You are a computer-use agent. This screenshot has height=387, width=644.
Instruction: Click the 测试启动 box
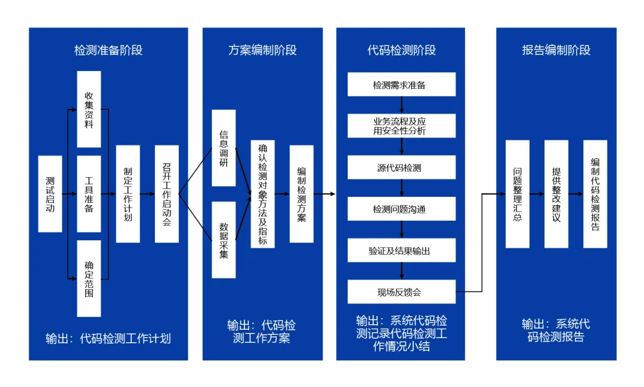coord(50,194)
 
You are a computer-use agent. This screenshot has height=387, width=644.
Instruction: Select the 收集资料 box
coord(89,109)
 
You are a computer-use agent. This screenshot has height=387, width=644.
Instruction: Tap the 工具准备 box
coord(89,194)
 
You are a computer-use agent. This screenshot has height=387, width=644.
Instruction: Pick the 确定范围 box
coord(89,278)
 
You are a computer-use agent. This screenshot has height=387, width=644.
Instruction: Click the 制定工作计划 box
coord(128,194)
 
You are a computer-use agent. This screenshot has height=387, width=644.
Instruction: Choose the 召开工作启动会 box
coord(166,194)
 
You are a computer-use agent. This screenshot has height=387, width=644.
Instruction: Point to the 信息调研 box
coord(224,147)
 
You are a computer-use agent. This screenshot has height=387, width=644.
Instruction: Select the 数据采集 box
coord(224,240)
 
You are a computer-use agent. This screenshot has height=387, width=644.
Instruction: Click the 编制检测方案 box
coord(302,194)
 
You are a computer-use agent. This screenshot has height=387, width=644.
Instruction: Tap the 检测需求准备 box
coord(401,85)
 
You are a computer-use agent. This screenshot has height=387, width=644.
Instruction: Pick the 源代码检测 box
coord(401,168)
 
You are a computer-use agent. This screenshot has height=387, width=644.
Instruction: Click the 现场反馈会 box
coord(401,292)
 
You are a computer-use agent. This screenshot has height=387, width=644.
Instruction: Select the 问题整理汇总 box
coord(518,194)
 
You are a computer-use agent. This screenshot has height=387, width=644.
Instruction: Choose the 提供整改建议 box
coord(556,194)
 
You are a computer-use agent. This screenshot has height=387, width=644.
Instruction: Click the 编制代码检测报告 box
coord(595,194)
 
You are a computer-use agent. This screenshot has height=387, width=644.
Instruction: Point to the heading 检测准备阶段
coord(109,50)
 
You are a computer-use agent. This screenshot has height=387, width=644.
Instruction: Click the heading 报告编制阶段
coord(556,50)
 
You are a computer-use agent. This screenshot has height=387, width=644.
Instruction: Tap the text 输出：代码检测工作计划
coord(109,339)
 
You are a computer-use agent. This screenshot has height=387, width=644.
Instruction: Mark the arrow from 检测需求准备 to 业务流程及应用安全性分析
coord(402,105)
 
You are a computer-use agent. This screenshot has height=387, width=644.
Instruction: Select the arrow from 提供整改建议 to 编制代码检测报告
coord(575,194)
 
